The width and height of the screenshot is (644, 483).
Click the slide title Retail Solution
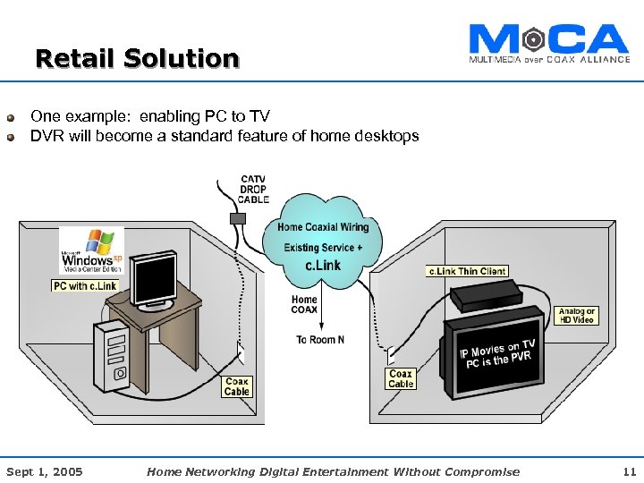pyautogui.click(x=137, y=59)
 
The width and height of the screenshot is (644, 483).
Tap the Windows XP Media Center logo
pyautogui.click(x=91, y=250)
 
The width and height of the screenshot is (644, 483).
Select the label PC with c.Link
pyautogui.click(x=85, y=285)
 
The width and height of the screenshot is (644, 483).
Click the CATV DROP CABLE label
pyautogui.click(x=253, y=189)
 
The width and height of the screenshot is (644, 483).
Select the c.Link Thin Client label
pyautogui.click(x=467, y=271)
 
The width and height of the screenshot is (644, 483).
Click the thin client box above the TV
pyautogui.click(x=486, y=295)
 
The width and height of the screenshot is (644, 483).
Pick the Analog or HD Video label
pyautogui.click(x=577, y=316)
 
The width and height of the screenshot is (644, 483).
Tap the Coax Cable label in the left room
pyautogui.click(x=237, y=386)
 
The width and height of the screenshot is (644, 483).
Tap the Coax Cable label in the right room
pyautogui.click(x=401, y=378)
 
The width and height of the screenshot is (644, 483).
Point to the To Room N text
pyautogui.click(x=321, y=339)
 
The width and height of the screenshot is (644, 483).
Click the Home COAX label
pyautogui.click(x=304, y=305)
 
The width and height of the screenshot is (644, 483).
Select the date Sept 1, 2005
pyautogui.click(x=45, y=471)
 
